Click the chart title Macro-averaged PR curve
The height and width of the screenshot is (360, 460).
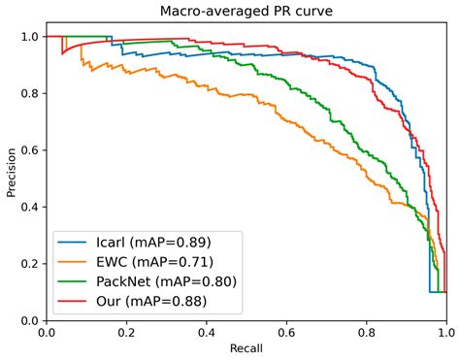[246, 11]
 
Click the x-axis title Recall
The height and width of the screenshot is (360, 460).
[246, 347]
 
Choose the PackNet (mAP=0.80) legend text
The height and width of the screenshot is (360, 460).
[165, 281]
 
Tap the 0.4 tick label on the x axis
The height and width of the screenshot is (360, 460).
[206, 332]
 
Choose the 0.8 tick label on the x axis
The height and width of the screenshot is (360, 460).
[366, 332]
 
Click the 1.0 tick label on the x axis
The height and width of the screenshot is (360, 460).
[445, 332]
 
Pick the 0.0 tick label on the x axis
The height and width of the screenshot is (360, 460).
[47, 332]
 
